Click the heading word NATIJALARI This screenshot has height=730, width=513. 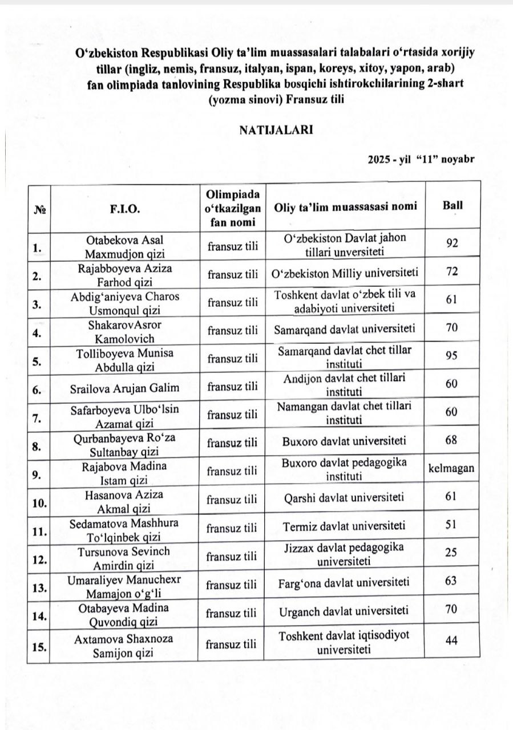(276, 129)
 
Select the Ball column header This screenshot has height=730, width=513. (453, 206)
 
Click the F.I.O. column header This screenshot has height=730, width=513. (124, 209)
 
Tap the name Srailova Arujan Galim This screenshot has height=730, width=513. (124, 388)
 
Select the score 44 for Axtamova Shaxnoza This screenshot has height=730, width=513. (451, 641)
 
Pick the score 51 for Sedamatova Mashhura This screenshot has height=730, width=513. (451, 524)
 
